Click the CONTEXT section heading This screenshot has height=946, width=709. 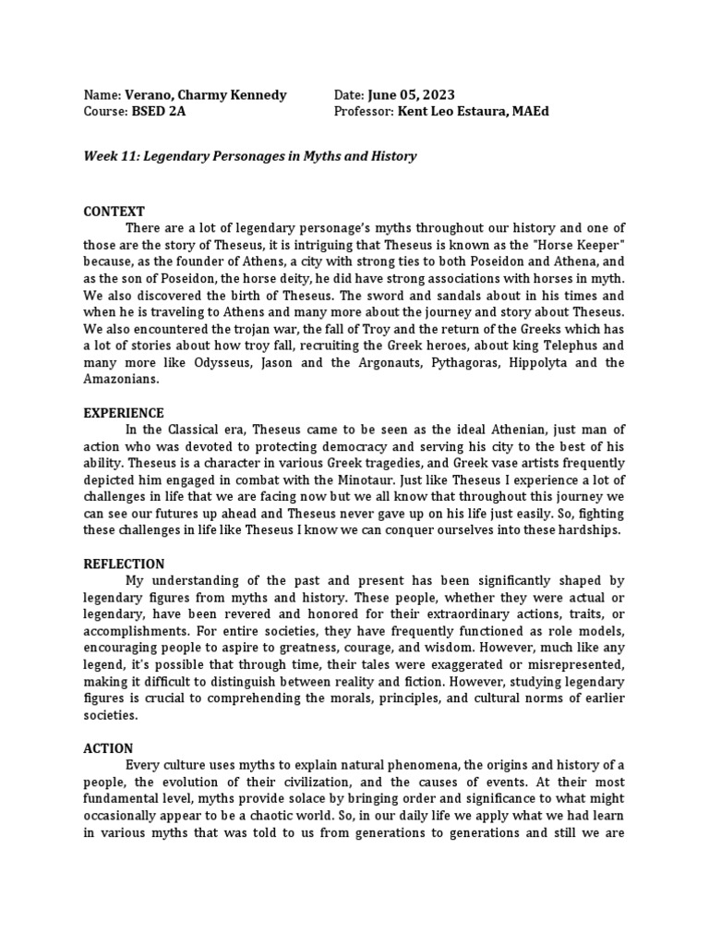pyautogui.click(x=114, y=212)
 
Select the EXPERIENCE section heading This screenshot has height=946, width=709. pyautogui.click(x=124, y=413)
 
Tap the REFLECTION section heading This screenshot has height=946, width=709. pyautogui.click(x=124, y=564)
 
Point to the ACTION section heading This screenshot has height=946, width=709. pyautogui.click(x=108, y=748)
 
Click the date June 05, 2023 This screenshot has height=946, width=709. pyautogui.click(x=411, y=95)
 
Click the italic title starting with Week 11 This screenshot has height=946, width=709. pyautogui.click(x=249, y=156)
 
